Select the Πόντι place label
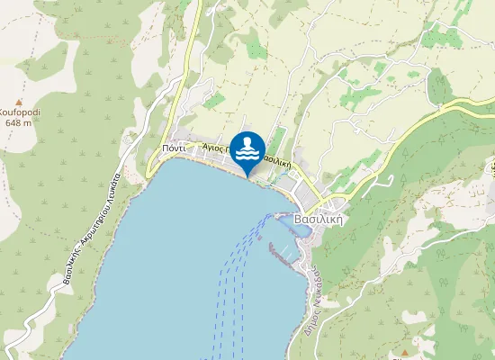[174, 148]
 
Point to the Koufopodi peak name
[20, 112]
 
